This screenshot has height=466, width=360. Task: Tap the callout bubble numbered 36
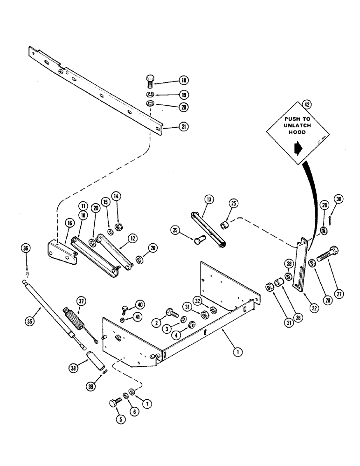(x=25, y=249)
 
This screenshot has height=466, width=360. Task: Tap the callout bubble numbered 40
(x=138, y=306)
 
